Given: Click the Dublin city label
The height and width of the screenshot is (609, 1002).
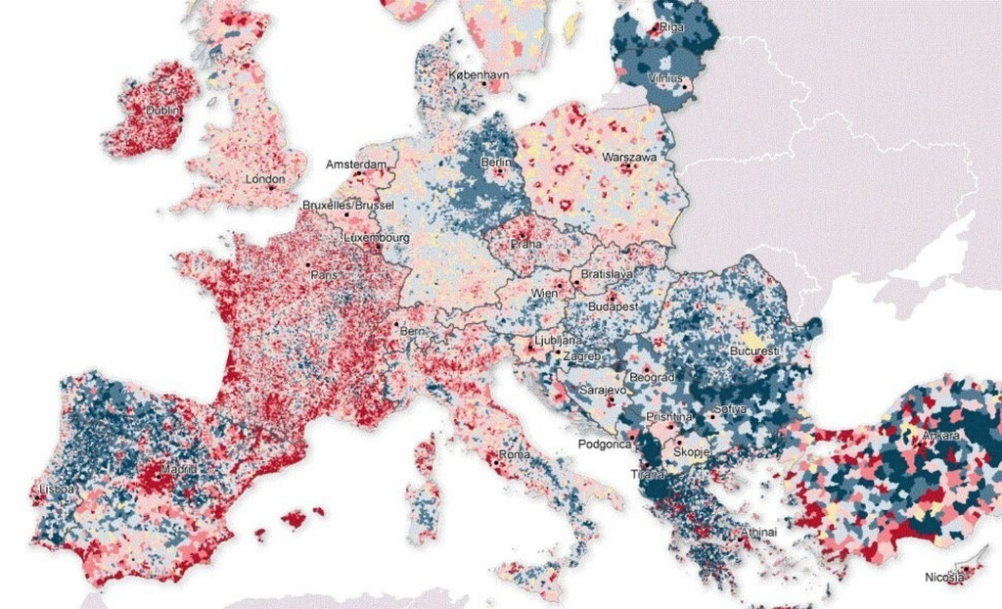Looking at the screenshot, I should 162,111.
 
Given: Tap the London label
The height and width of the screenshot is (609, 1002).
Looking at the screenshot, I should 265,179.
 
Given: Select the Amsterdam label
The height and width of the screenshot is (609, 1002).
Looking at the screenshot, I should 356,163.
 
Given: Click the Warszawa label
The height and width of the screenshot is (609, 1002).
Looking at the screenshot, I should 628,156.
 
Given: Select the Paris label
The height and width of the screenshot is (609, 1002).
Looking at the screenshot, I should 323,275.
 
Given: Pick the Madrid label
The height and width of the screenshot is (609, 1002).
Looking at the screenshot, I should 178,469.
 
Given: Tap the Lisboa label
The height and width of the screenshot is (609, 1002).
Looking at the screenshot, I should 51,487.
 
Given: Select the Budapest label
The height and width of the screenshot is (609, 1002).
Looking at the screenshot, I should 613,305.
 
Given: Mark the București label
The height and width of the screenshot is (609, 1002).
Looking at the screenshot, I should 754,350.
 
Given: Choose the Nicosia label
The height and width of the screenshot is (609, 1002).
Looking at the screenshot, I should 944,578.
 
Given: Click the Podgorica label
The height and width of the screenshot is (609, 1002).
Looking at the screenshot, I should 608,445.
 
